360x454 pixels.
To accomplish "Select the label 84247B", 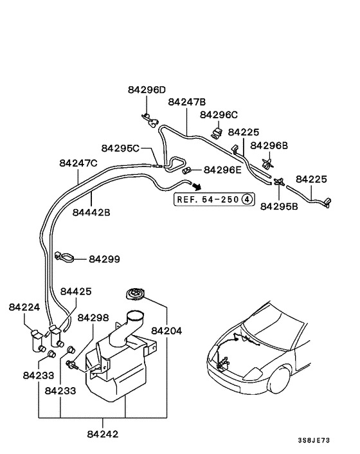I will click(x=187, y=102).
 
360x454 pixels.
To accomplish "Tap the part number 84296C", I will click(x=219, y=114).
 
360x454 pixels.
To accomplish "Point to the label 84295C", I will click(x=120, y=148).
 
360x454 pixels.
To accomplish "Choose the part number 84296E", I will click(x=222, y=170).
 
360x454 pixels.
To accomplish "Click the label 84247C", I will click(x=78, y=163).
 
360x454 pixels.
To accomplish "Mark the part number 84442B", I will click(x=91, y=212).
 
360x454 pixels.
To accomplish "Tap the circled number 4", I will click(x=248, y=199).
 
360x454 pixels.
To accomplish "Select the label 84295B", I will click(x=280, y=206).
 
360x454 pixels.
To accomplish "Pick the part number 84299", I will click(x=104, y=259).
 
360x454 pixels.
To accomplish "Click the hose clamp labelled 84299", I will click(x=63, y=256).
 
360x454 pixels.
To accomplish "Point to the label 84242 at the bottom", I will click(x=103, y=434).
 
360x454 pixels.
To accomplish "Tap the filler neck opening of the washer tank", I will click(x=136, y=316).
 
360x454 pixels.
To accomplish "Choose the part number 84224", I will click(x=24, y=307).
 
